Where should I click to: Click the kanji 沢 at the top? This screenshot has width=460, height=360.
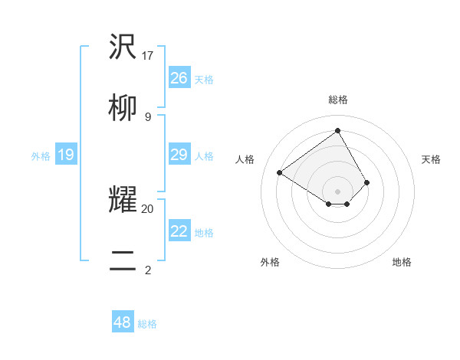(123, 47)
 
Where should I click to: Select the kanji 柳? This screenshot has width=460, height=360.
(123, 109)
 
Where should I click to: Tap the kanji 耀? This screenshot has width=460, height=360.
(123, 199)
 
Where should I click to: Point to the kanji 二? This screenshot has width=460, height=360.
(123, 260)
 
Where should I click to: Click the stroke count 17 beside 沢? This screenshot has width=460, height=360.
(148, 55)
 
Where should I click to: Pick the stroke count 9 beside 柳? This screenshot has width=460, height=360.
(148, 116)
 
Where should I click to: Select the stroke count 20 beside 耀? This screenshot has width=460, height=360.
(148, 208)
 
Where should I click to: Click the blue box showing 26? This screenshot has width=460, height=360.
(179, 78)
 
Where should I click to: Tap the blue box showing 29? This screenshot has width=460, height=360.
(179, 155)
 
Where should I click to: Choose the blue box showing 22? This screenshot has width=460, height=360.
(179, 231)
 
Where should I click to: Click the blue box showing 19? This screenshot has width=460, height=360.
(66, 155)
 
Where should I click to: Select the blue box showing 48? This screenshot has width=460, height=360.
(123, 322)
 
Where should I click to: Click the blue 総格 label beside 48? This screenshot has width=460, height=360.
(147, 324)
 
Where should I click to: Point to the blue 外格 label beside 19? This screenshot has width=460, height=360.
(41, 156)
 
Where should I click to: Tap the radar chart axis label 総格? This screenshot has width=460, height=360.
(338, 100)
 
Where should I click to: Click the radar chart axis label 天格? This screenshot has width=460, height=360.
(431, 159)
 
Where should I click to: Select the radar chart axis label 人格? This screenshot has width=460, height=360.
(245, 159)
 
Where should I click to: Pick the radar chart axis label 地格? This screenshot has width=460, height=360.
(402, 262)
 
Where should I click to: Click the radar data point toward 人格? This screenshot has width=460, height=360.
(280, 172)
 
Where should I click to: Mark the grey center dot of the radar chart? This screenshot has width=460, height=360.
(338, 191)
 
